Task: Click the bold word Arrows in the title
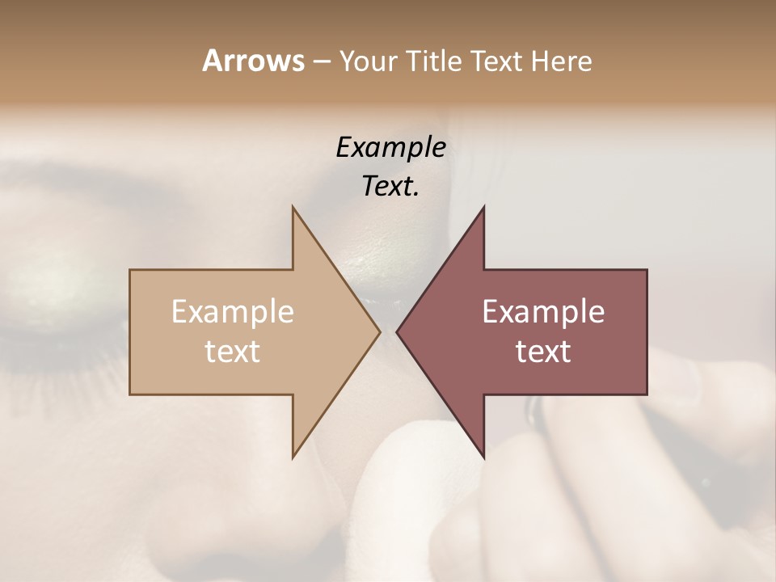tap(253, 61)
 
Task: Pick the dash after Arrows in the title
tap(321, 62)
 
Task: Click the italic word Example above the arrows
tap(390, 148)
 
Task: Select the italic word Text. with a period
tap(390, 187)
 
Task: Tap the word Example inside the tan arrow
tap(233, 312)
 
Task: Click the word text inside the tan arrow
tap(233, 352)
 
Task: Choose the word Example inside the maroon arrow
tap(543, 312)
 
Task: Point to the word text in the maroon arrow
tap(543, 352)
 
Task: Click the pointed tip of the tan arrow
tap(379, 331)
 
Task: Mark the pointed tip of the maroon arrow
tap(398, 331)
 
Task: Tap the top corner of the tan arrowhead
tap(293, 208)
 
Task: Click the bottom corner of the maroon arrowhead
tap(483, 456)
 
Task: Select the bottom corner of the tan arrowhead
tap(293, 456)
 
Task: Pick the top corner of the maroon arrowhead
tap(483, 208)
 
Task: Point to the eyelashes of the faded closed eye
tap(65, 356)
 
